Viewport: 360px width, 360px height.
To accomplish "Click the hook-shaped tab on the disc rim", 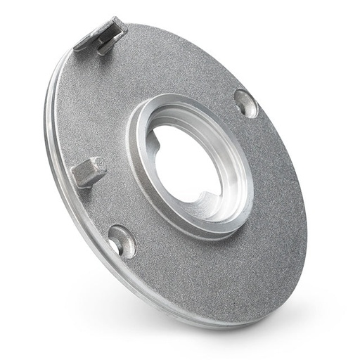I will pyautogui.click(x=101, y=37).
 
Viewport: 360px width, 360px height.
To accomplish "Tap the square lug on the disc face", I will pyautogui.click(x=90, y=171).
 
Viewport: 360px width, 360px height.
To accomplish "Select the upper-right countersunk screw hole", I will pyautogui.click(x=245, y=103).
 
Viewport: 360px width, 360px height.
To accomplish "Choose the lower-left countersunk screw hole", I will pyautogui.click(x=122, y=240).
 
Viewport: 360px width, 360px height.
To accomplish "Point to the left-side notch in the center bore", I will pyautogui.click(x=156, y=143).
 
